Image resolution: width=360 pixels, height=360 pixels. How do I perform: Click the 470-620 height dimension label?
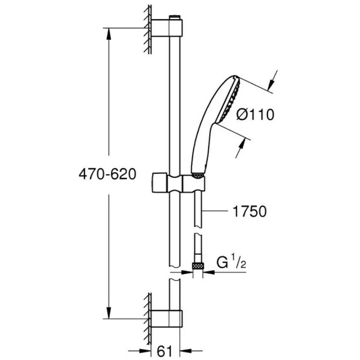(107, 175)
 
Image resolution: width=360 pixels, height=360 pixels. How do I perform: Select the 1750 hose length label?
(250, 211)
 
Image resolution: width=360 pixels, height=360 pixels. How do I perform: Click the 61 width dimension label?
(164, 351)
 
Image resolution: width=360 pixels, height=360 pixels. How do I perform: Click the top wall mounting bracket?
(167, 28)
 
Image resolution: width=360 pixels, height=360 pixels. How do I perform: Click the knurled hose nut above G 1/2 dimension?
(197, 266)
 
